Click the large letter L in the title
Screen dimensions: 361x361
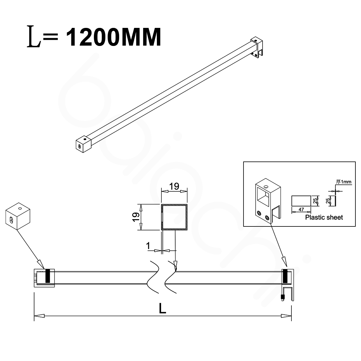tap(34, 36)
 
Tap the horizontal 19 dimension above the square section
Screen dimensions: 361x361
tap(174, 186)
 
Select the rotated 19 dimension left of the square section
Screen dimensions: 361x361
tap(136, 217)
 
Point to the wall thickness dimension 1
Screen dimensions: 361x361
tap(148, 246)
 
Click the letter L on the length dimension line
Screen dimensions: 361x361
tap(162, 308)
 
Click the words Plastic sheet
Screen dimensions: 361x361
tap(324, 217)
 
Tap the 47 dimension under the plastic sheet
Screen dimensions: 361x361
tap(301, 209)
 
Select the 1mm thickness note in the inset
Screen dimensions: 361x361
tap(344, 182)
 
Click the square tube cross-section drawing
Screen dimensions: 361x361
tap(174, 217)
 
